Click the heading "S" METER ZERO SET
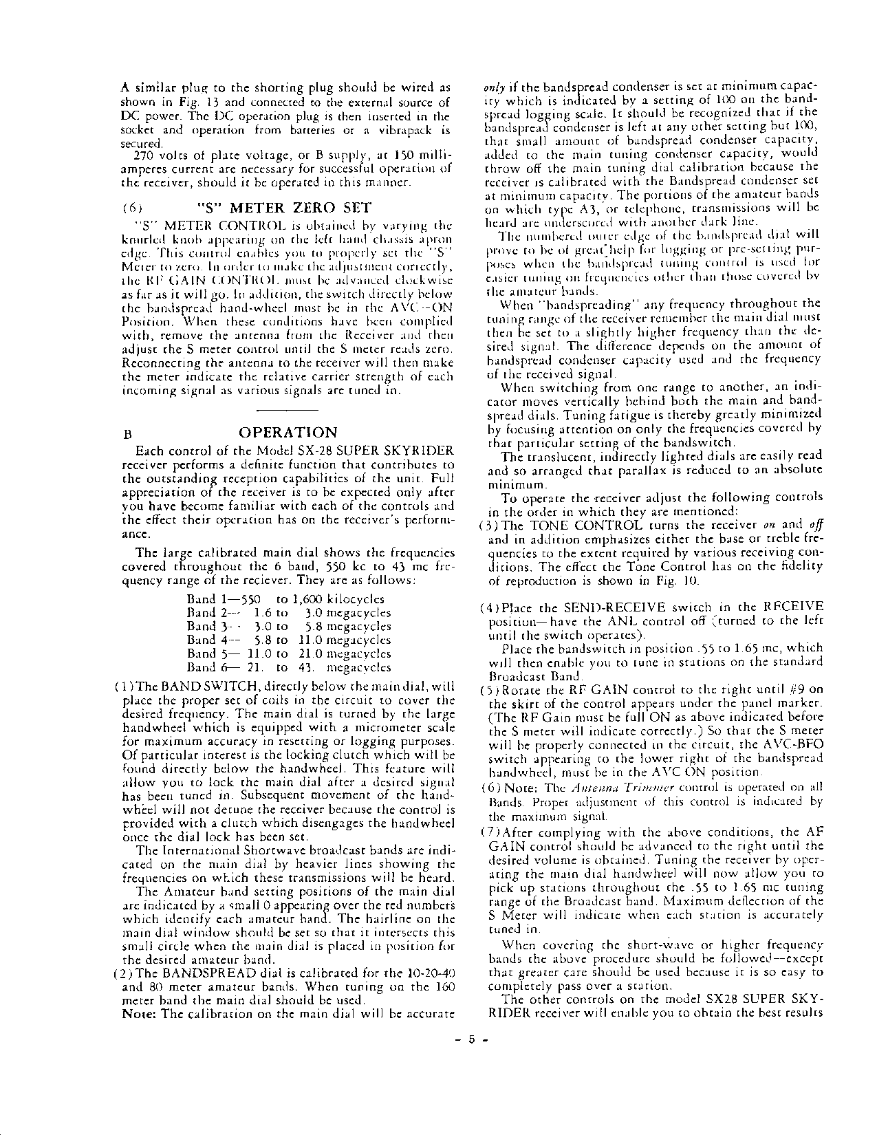tap(283, 208)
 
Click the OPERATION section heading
tap(288, 433)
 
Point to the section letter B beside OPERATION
tap(127, 435)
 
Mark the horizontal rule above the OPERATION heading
tap(286, 410)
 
